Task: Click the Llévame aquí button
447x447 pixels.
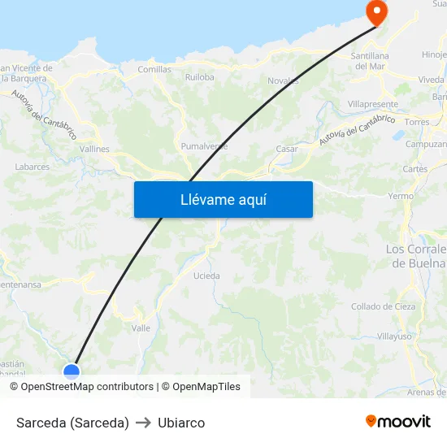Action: (x=223, y=199)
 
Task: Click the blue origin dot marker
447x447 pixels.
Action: (x=72, y=372)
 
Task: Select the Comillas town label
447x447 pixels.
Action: (x=154, y=70)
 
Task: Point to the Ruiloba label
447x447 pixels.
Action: (x=199, y=77)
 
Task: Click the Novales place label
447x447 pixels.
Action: (x=284, y=80)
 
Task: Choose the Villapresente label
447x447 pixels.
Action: (x=373, y=105)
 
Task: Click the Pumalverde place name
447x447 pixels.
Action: (x=204, y=146)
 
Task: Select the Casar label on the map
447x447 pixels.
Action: (x=287, y=149)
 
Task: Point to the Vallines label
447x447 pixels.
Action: (x=94, y=150)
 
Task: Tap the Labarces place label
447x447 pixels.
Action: (x=33, y=167)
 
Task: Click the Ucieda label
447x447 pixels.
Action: (x=206, y=276)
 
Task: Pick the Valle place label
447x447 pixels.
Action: (x=141, y=328)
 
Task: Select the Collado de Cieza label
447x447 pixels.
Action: (x=384, y=306)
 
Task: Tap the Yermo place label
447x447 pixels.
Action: (x=401, y=197)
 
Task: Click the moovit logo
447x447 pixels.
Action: (x=398, y=422)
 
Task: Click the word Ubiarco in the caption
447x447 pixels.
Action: (x=181, y=423)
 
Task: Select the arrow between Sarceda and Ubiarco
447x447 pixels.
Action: (x=144, y=423)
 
